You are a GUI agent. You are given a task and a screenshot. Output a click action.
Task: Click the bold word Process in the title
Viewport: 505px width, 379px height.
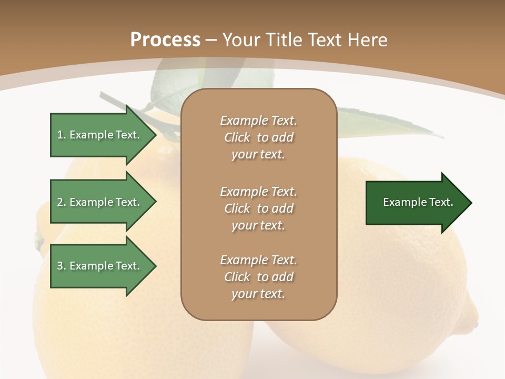pyautogui.click(x=165, y=39)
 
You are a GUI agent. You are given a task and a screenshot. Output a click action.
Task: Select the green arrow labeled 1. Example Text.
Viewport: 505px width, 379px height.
pyautogui.click(x=100, y=135)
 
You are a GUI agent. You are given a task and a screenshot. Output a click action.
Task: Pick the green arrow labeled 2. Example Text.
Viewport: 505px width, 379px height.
pyautogui.click(x=100, y=202)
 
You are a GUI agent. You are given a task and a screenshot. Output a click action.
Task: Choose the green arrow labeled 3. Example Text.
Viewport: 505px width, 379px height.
pyautogui.click(x=100, y=266)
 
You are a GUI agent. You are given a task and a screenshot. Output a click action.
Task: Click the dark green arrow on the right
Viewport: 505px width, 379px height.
pyautogui.click(x=416, y=203)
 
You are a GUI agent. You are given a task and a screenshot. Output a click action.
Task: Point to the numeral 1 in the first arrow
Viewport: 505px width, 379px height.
pyautogui.click(x=60, y=135)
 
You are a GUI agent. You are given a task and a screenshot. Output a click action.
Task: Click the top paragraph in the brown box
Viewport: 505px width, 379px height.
pyautogui.click(x=258, y=137)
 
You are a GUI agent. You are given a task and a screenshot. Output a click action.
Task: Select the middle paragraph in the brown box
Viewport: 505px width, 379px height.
pyautogui.click(x=258, y=208)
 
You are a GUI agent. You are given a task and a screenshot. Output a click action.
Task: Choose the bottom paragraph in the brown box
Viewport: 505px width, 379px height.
pyautogui.click(x=258, y=277)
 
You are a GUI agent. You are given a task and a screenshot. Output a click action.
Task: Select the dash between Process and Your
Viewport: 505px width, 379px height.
pyautogui.click(x=211, y=40)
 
